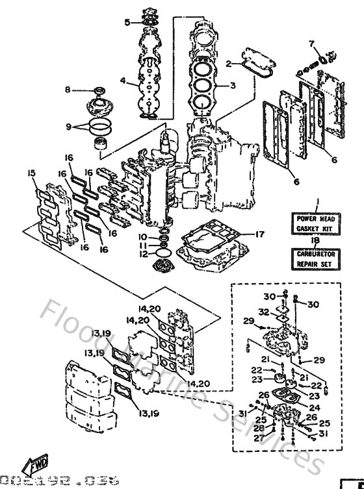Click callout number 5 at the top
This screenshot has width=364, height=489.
click(x=127, y=23)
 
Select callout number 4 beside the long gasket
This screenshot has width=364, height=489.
click(x=122, y=81)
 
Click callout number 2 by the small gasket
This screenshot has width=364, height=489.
click(x=229, y=64)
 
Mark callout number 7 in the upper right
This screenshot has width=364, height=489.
click(x=311, y=44)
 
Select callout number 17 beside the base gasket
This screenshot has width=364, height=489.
click(x=259, y=234)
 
